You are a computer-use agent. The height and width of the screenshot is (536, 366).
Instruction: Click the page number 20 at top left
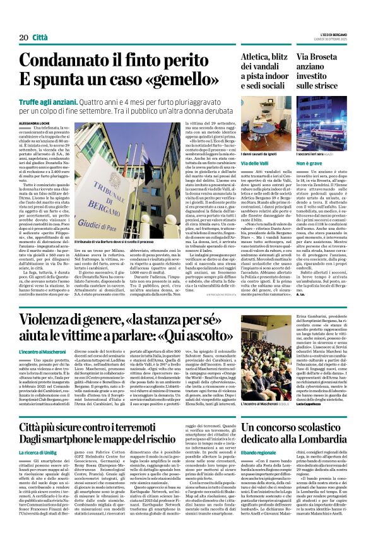19,20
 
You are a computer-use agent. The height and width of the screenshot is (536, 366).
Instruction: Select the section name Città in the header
39,20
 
